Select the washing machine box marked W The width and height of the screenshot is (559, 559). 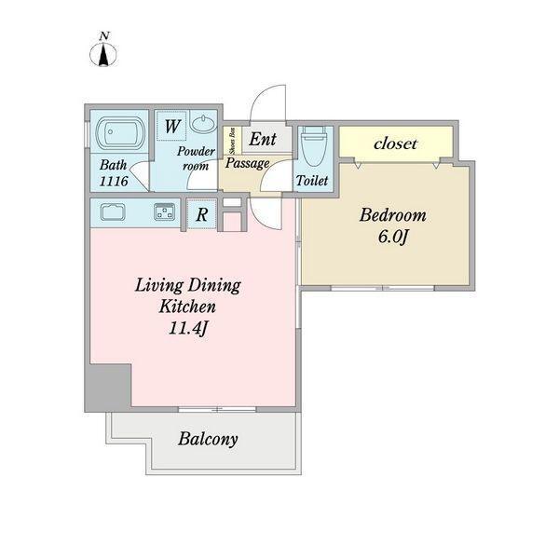(171, 126)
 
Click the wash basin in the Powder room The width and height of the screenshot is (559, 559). (203, 123)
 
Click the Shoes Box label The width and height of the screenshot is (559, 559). (232, 142)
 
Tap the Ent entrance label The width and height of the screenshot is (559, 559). (263, 140)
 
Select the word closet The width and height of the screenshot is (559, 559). (395, 143)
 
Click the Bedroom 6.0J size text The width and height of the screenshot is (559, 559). (392, 237)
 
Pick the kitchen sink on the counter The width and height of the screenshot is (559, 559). (113, 212)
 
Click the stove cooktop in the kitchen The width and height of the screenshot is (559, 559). (164, 211)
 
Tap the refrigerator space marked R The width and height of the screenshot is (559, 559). (202, 214)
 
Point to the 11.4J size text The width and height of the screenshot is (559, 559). (188, 328)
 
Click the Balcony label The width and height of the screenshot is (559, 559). (208, 439)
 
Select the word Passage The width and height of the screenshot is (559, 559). (248, 163)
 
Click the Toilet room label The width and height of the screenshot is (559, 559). (312, 181)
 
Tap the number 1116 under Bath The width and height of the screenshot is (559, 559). (114, 181)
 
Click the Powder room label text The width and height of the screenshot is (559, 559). (196, 158)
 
